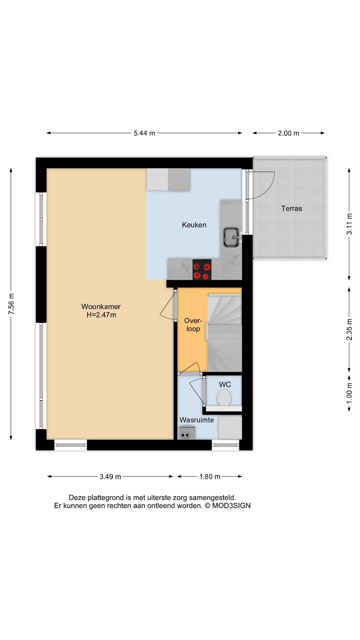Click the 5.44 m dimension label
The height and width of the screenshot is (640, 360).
(x=144, y=133)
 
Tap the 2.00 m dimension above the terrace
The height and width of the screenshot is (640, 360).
(x=288, y=133)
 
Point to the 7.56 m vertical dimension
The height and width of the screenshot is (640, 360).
(x=11, y=303)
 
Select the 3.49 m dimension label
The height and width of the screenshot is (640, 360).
(x=110, y=477)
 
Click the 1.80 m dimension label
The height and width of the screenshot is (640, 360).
(x=210, y=477)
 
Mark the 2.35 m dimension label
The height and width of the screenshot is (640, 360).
(x=349, y=329)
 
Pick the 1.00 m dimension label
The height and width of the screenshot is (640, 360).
(x=349, y=392)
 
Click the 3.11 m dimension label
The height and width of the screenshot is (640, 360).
(x=349, y=224)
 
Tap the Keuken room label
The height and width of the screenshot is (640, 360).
(x=194, y=225)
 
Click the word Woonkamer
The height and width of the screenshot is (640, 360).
(x=101, y=306)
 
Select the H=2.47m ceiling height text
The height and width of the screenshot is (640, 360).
(x=101, y=315)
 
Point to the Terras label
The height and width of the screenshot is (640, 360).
(x=291, y=209)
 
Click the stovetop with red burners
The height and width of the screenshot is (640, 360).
(x=202, y=269)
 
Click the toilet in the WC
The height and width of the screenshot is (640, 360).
(x=224, y=398)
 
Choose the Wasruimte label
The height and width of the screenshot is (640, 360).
(x=197, y=420)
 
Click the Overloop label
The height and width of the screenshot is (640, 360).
(x=193, y=325)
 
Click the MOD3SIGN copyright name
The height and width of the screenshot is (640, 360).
(x=231, y=506)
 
